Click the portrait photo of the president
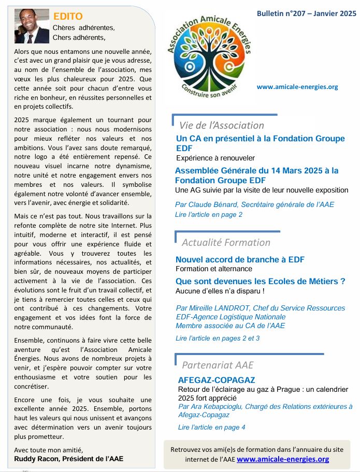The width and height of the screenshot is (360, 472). (x=32, y=26)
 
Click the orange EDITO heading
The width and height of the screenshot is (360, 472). (x=68, y=17)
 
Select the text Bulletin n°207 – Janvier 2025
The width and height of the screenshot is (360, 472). (x=306, y=14)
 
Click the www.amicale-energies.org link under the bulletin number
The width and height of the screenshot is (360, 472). (x=297, y=86)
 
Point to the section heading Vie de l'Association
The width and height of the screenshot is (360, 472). (x=221, y=125)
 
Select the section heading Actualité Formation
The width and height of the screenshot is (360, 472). (x=226, y=242)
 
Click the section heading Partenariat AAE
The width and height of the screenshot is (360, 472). (x=218, y=365)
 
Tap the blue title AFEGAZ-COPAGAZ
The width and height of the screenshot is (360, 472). (x=216, y=380)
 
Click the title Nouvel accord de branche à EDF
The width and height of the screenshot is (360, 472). (x=240, y=259)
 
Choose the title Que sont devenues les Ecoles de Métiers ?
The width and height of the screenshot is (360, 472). (x=260, y=282)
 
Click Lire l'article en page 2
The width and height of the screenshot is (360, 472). (x=208, y=214)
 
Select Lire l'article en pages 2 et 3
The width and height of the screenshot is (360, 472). (x=218, y=338)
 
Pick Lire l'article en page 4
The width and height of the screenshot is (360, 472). (x=211, y=427)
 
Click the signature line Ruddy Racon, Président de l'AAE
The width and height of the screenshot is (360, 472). (x=69, y=458)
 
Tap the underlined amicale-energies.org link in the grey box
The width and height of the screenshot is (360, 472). (x=282, y=459)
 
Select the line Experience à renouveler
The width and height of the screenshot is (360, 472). (x=215, y=158)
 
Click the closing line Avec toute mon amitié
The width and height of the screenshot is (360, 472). (x=48, y=449)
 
